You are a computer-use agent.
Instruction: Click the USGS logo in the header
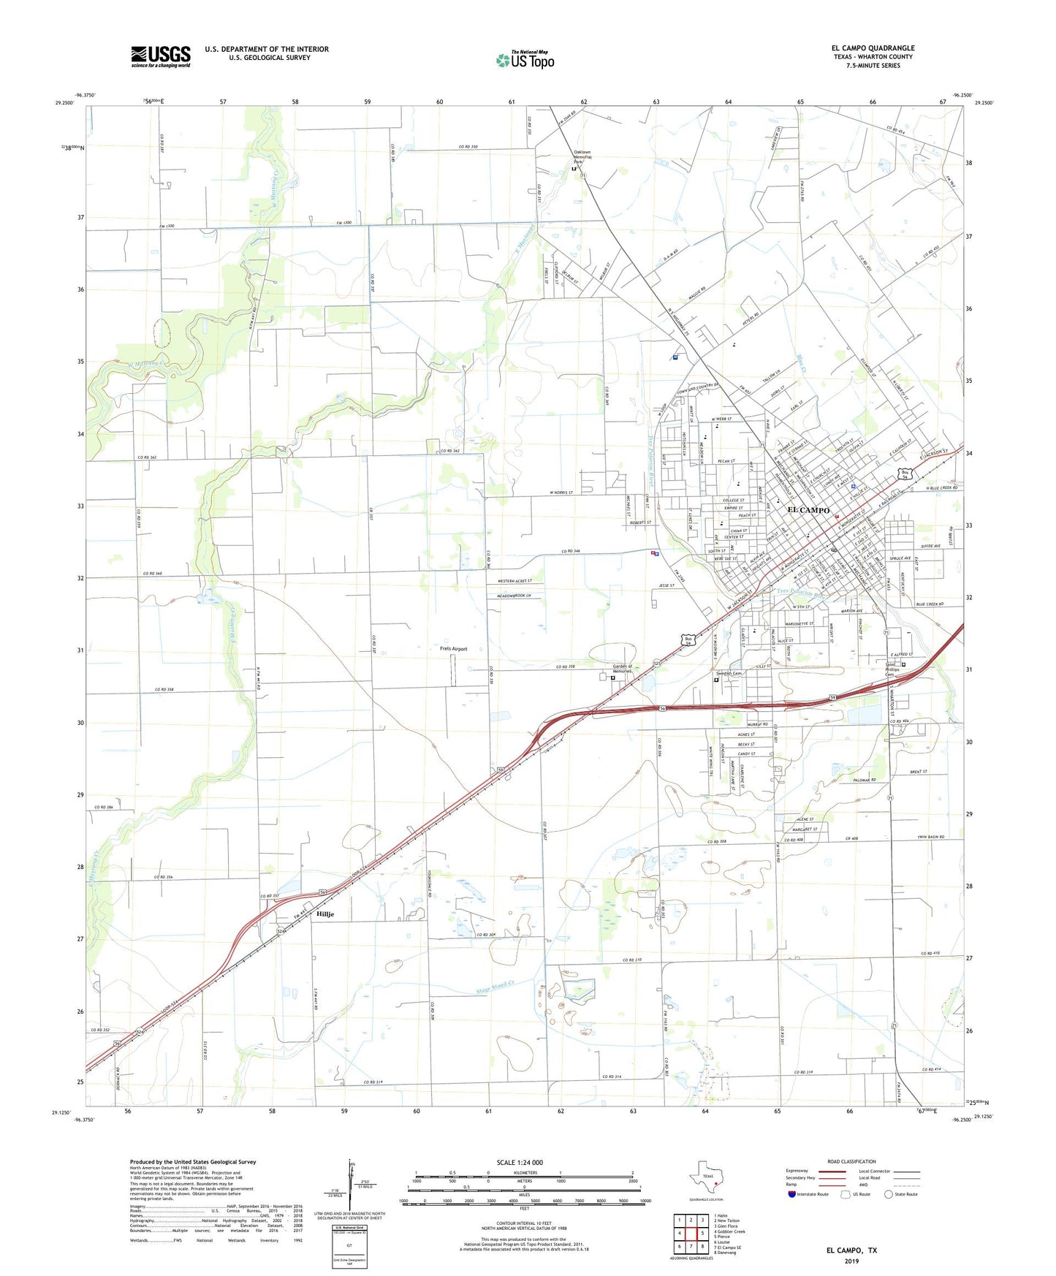click(x=161, y=56)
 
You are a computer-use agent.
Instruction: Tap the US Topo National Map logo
click(x=525, y=59)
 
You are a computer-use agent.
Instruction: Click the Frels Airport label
click(x=453, y=649)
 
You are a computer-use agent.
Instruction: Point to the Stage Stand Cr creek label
click(x=496, y=987)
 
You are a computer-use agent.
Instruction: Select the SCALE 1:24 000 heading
click(x=520, y=1163)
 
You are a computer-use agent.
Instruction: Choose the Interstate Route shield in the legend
click(x=792, y=1193)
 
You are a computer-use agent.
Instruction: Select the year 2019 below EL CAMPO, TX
click(x=851, y=1261)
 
